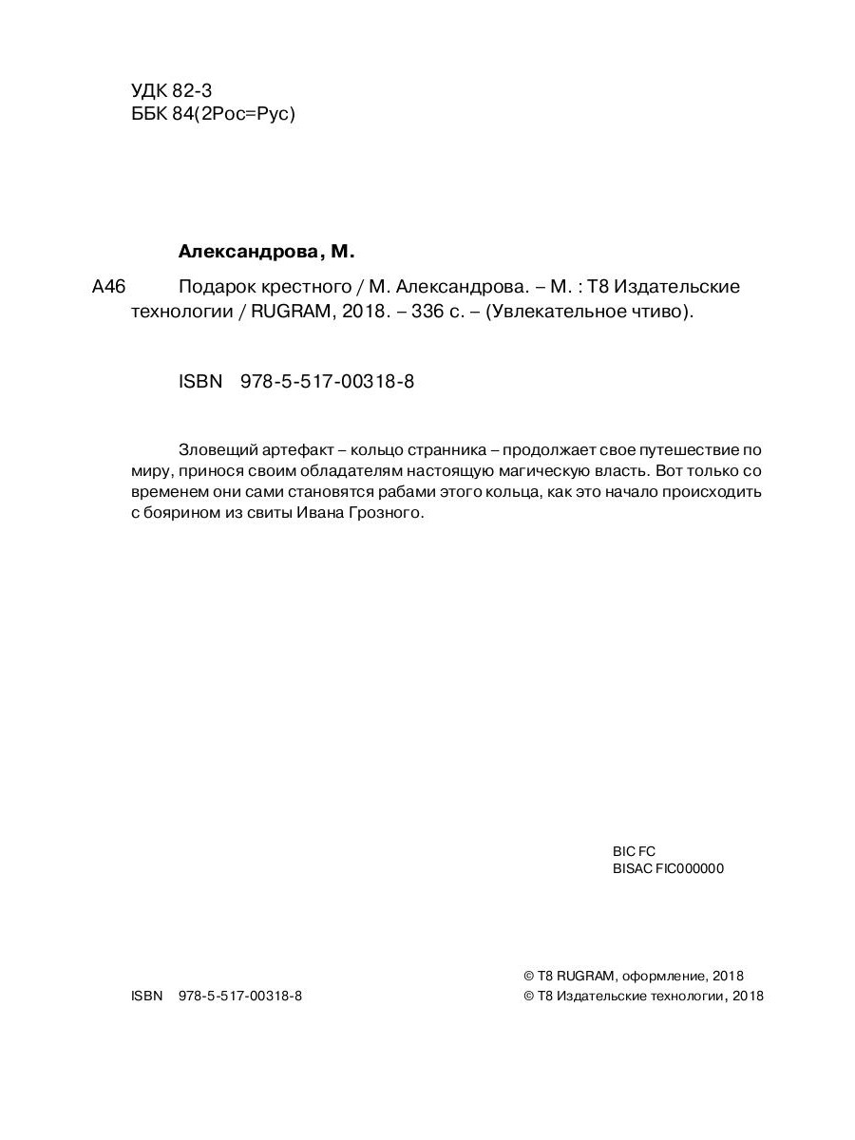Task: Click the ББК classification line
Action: tap(214, 114)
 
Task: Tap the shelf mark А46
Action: tap(109, 287)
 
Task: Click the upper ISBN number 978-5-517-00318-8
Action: tap(328, 382)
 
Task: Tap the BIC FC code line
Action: tap(634, 851)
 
